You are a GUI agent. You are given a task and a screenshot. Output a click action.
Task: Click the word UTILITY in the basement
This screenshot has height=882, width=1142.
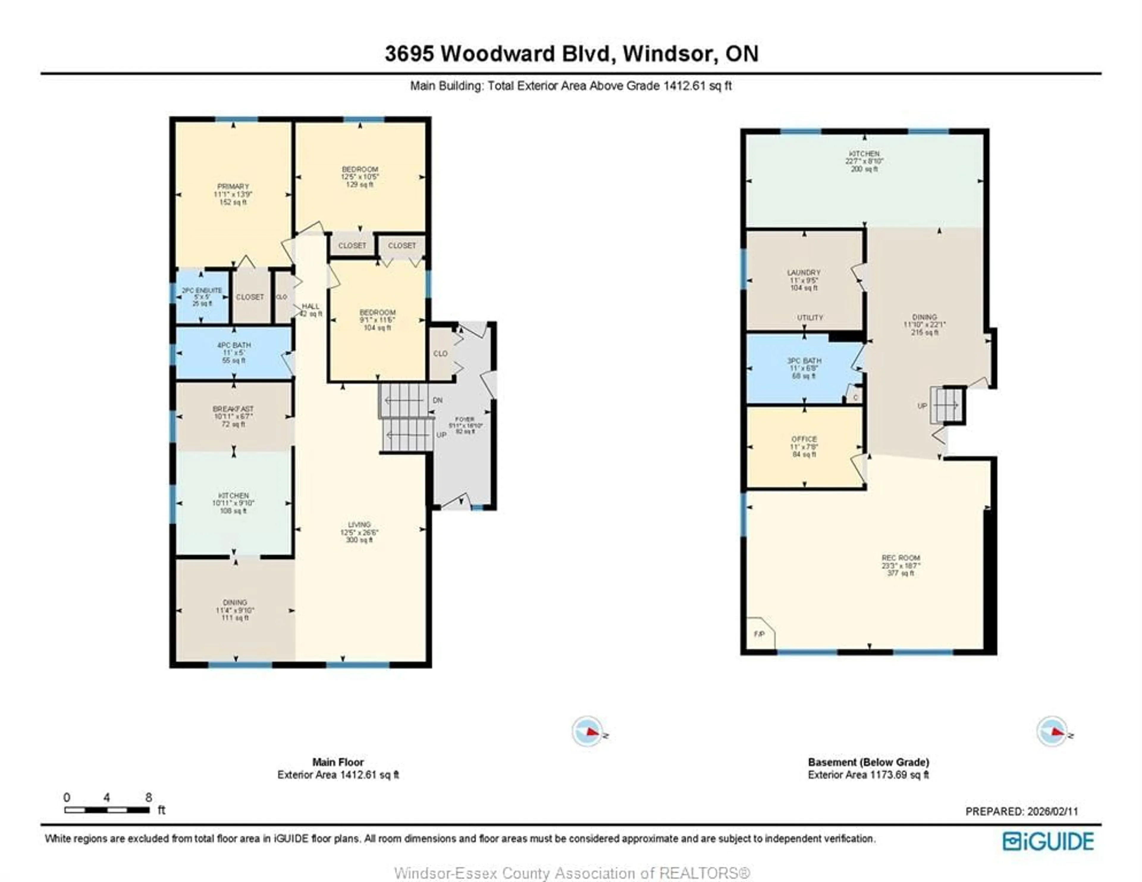[x=810, y=318]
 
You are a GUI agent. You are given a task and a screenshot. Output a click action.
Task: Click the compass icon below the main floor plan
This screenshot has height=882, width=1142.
[x=587, y=731]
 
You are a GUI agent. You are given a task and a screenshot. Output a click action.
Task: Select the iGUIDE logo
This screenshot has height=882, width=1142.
[x=1048, y=841]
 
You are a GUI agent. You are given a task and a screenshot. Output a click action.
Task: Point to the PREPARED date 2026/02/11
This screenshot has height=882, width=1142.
[x=1052, y=812]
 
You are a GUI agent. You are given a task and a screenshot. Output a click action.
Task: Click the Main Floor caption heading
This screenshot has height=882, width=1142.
[x=338, y=762]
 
